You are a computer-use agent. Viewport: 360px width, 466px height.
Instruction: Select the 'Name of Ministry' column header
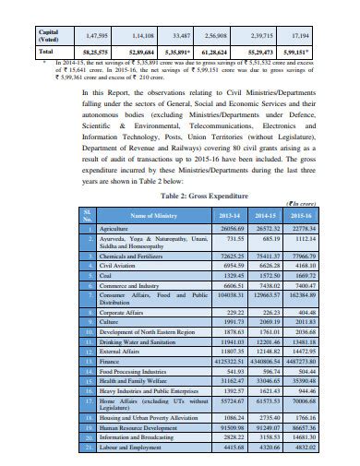pos(152,215)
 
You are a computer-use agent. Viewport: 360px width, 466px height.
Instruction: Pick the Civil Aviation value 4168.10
pos(305,264)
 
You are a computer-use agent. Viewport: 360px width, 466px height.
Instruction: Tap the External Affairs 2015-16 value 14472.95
pos(304,352)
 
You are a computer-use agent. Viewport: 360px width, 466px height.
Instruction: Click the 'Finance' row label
pos(109,363)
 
